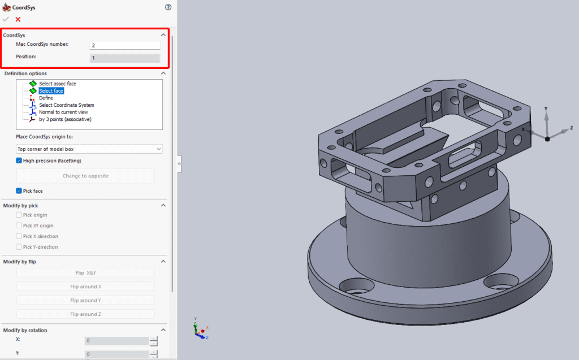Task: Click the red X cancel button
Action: (x=18, y=19)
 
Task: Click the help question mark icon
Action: (x=168, y=7)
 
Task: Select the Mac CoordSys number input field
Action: (x=124, y=45)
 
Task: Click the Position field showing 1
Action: (x=124, y=58)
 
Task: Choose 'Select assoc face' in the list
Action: (x=57, y=84)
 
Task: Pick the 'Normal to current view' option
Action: (x=63, y=112)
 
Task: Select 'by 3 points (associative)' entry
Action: (x=65, y=119)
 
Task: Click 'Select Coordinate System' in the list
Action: (x=66, y=105)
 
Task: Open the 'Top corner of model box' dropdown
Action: (x=89, y=149)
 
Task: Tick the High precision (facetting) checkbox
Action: (x=19, y=161)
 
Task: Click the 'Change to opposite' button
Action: (x=85, y=176)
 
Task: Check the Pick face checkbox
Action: (x=19, y=191)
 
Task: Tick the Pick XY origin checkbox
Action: (x=19, y=225)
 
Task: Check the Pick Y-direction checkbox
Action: (x=19, y=247)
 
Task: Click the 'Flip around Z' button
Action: (x=85, y=314)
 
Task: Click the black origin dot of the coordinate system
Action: (x=547, y=138)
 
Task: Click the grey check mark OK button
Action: (x=6, y=19)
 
